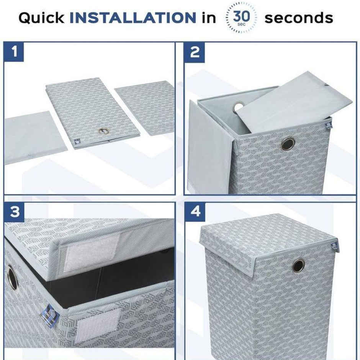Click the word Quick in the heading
[x=41, y=18]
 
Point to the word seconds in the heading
[x=299, y=18]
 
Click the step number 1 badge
[x=14, y=52]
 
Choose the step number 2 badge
[x=195, y=52]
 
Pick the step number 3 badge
[x=14, y=212]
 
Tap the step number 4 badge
[x=195, y=212]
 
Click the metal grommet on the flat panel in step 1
[x=103, y=131]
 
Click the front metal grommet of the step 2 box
[x=288, y=144]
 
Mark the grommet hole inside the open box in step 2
[x=238, y=106]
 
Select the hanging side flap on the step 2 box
[x=209, y=147]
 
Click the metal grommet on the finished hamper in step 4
[x=298, y=265]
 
